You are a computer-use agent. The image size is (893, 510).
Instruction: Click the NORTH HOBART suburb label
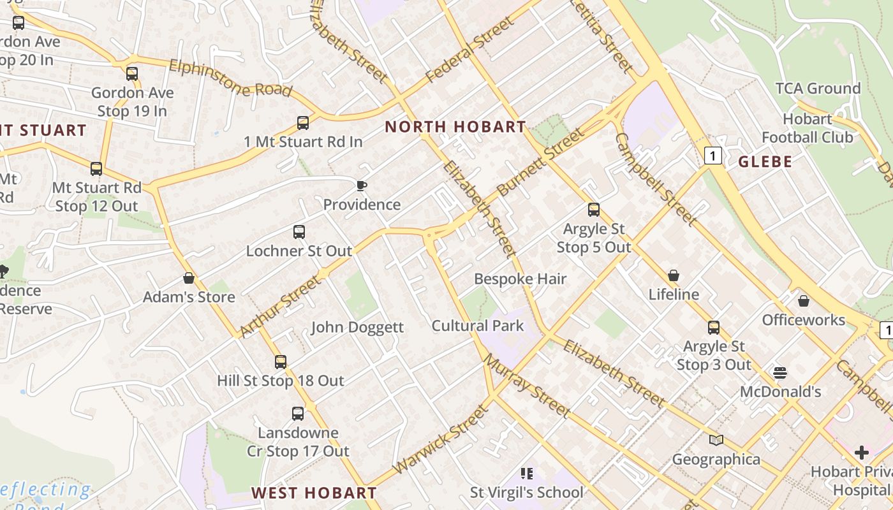click(455, 127)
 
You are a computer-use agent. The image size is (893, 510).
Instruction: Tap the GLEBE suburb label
click(765, 162)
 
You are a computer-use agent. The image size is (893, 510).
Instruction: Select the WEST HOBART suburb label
click(314, 493)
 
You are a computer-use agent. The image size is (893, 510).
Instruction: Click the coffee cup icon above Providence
click(362, 186)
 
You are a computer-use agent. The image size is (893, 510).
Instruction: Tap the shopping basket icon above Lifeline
click(674, 276)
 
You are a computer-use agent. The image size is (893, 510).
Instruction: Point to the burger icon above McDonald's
click(780, 372)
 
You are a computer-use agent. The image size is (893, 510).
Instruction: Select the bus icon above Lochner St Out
click(299, 232)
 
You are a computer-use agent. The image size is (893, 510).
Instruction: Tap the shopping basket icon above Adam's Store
click(189, 279)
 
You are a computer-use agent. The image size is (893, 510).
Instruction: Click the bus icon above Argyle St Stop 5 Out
click(594, 210)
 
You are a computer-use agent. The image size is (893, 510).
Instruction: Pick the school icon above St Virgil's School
click(527, 473)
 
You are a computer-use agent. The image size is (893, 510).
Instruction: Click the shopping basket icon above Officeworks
click(804, 301)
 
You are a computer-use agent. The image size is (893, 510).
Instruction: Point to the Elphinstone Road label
click(231, 78)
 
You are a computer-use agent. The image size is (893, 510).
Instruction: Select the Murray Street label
click(526, 386)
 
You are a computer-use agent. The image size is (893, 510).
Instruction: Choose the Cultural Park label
click(478, 326)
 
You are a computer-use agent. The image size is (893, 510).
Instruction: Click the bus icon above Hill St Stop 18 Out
click(281, 362)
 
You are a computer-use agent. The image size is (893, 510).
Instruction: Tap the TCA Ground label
click(818, 89)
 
